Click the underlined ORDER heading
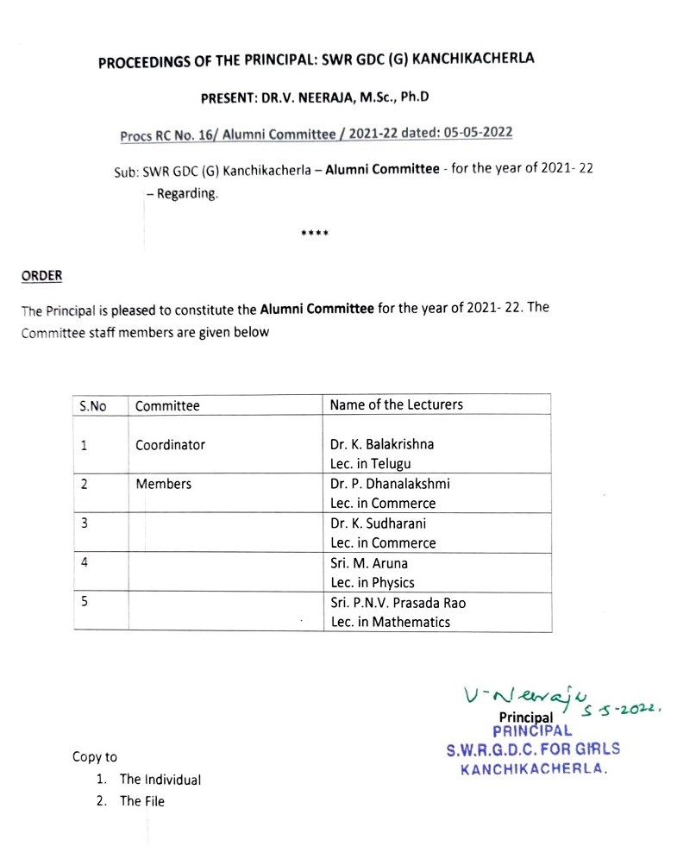point(41,276)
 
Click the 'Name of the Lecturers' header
point(396,404)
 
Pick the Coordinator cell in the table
point(170,445)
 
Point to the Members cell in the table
point(163,484)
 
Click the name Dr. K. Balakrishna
point(382,445)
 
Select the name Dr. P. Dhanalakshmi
point(390,484)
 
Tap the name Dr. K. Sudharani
point(378,523)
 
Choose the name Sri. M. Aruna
point(369,563)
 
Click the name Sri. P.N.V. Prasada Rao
point(398,602)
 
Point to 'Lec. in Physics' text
point(372,583)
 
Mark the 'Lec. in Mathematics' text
point(390,622)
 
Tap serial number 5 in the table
point(84,602)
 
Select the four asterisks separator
point(314,234)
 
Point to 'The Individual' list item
point(160,780)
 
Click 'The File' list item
point(141,801)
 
